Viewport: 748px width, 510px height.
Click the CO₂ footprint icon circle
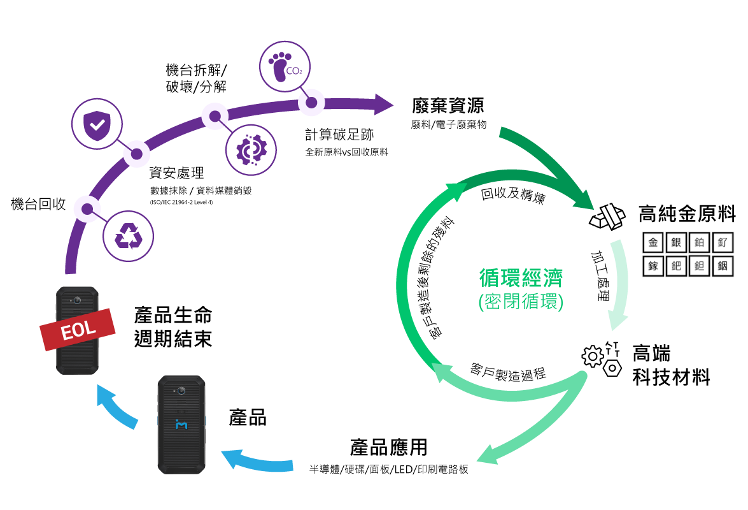(285, 66)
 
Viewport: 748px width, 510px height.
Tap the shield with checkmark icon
(97, 124)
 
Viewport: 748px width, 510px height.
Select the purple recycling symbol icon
(129, 236)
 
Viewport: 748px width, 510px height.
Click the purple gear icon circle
(251, 150)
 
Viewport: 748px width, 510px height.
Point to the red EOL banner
(78, 329)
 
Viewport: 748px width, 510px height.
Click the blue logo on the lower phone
(181, 423)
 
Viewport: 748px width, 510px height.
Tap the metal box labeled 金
(653, 243)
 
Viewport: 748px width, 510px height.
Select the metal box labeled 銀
(676, 243)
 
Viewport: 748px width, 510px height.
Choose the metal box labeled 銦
(723, 266)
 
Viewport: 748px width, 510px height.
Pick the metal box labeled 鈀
(676, 266)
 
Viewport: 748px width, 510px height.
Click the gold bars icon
(607, 217)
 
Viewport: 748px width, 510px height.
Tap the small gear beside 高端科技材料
(593, 356)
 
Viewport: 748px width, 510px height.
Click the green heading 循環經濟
(521, 277)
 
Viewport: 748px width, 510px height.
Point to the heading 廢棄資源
(448, 106)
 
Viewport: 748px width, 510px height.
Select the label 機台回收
(38, 204)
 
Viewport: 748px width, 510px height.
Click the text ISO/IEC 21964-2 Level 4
(181, 202)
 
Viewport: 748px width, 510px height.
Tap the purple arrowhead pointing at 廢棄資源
(383, 104)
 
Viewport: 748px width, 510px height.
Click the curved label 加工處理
(600, 276)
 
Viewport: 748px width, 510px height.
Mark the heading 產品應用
(389, 448)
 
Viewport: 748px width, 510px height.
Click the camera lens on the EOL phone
(77, 300)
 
